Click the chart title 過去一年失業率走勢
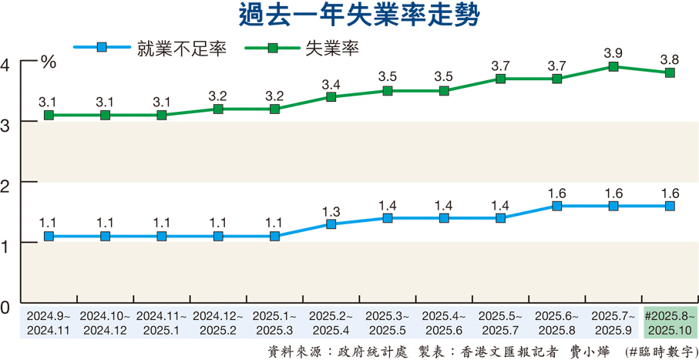click(350, 16)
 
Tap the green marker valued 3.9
click(613, 67)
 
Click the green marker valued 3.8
click(670, 72)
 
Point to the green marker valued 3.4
click(331, 97)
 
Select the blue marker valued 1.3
click(331, 224)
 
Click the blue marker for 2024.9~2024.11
click(49, 237)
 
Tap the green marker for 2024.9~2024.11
click(49, 115)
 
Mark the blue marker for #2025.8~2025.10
click(670, 206)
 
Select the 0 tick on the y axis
click(7, 308)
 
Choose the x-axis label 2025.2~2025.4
click(331, 322)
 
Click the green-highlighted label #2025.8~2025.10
click(670, 322)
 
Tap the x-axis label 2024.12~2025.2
click(218, 322)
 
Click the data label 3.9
click(613, 52)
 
